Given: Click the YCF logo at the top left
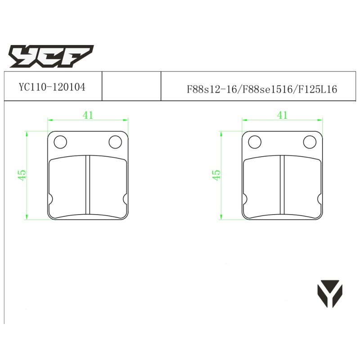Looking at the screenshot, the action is click(51, 56).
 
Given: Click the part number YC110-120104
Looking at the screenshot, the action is click(52, 87).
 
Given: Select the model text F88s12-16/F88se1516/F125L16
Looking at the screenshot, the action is click(262, 89).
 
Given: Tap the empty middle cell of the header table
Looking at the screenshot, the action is click(131, 86).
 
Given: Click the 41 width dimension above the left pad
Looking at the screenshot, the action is click(88, 115).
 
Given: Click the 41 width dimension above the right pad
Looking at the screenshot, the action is click(282, 115).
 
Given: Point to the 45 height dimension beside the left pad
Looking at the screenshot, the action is click(22, 175).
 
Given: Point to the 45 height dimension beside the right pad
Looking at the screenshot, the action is click(216, 175).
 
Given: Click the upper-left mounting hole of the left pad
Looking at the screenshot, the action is click(60, 142).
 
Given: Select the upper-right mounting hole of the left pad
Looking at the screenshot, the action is click(115, 142).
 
